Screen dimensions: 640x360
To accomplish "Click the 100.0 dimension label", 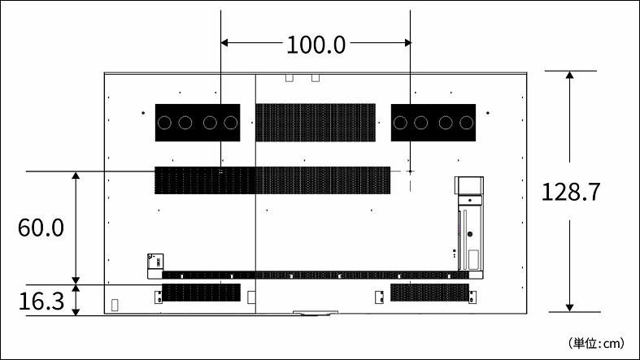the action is click(x=316, y=45).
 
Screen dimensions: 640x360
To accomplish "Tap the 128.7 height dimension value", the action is click(x=571, y=192).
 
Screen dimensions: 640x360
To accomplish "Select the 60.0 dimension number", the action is click(x=41, y=228).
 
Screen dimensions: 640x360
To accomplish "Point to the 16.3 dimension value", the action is click(x=41, y=301).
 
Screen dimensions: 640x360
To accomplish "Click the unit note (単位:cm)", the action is click(x=596, y=343).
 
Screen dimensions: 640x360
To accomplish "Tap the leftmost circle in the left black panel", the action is click(x=164, y=123).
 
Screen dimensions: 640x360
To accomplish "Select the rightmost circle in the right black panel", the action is click(x=466, y=123).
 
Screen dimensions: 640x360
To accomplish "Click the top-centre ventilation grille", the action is click(x=316, y=123).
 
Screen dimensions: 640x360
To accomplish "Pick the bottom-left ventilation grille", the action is click(x=201, y=293).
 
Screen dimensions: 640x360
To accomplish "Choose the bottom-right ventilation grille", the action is click(x=429, y=293).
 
